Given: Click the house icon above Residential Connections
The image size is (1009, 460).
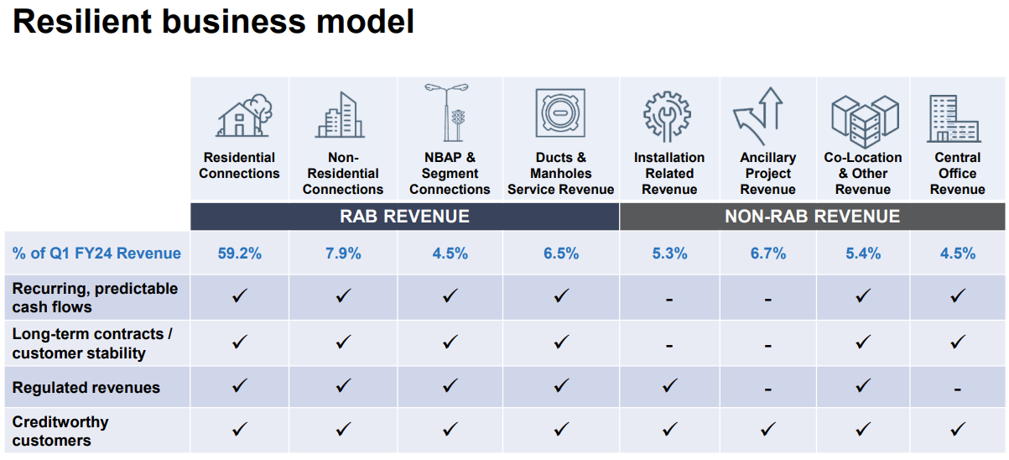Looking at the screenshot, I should [242, 115].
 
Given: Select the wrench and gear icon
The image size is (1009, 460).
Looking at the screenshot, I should [668, 114].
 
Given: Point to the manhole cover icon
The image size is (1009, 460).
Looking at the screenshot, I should [560, 112].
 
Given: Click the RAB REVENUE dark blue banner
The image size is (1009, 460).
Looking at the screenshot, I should [404, 217].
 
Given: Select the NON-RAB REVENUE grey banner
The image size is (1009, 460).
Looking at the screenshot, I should [812, 217].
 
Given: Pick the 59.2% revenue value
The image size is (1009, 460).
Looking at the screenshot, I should [239, 254].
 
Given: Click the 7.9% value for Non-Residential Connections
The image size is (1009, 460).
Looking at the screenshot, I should [343, 254].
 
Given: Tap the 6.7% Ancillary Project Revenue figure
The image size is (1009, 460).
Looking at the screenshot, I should [767, 254].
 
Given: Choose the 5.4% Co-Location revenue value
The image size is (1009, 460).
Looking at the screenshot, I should [863, 254].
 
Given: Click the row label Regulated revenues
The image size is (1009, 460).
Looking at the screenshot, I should [86, 388].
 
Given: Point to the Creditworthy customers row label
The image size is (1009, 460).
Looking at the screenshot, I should [60, 431].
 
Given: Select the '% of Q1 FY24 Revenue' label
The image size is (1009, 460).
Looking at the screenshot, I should [96, 254].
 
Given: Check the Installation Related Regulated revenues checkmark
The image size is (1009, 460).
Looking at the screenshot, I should [668, 386].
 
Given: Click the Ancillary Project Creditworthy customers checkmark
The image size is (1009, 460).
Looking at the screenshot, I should [767, 430].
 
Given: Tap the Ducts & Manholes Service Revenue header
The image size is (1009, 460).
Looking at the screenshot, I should [560, 174].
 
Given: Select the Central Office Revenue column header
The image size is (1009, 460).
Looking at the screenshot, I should [957, 174].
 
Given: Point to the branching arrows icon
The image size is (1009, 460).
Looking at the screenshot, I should [759, 116].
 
